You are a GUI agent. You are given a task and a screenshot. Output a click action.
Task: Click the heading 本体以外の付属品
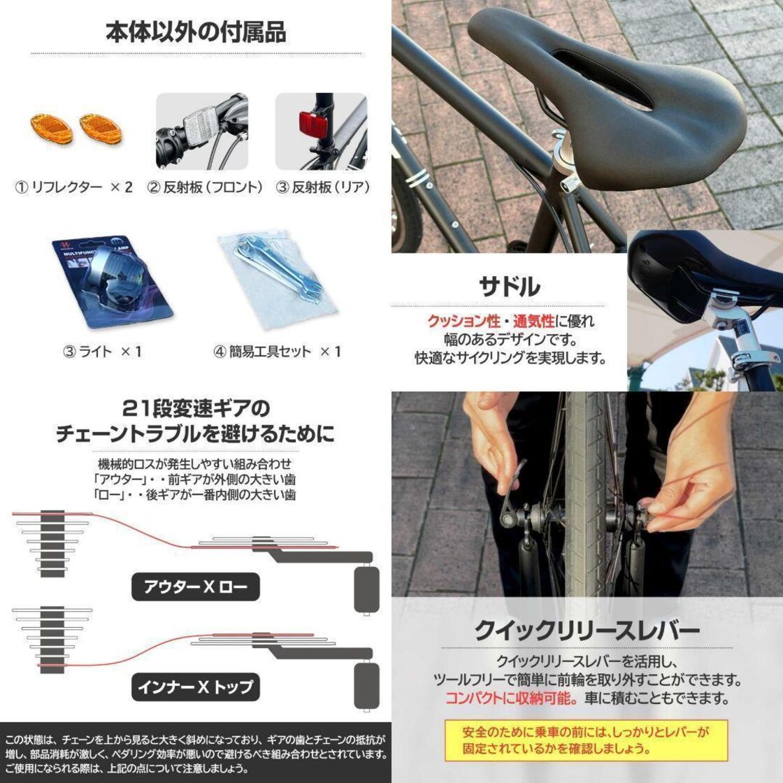196,32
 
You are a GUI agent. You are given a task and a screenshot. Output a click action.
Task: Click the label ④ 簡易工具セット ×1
277,352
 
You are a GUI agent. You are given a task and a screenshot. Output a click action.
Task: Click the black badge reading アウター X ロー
196,587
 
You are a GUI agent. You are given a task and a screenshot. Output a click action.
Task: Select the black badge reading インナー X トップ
196,687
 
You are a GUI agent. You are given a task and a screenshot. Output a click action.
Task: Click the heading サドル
508,287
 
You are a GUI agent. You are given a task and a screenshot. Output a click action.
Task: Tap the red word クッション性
464,322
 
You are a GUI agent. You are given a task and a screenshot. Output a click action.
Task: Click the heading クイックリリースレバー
587,631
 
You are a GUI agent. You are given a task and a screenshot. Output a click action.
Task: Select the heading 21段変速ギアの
196,408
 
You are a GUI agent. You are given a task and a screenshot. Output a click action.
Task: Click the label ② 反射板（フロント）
206,187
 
